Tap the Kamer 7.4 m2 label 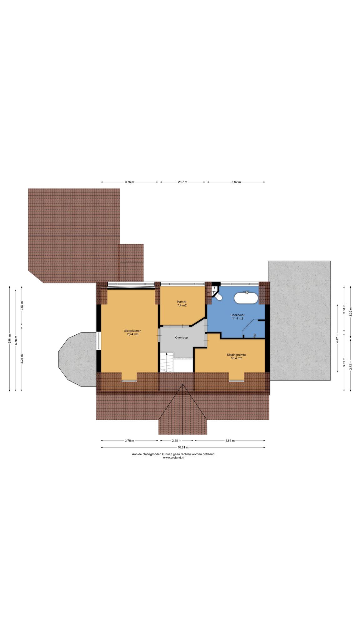click(x=182, y=303)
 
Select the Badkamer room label click(x=237, y=317)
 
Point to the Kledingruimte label click(x=236, y=357)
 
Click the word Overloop click(x=182, y=337)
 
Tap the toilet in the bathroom click(x=219, y=296)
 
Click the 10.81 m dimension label click(x=183, y=447)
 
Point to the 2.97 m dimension click(x=182, y=182)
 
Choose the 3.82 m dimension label click(x=236, y=182)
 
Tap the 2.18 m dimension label click(x=177, y=441)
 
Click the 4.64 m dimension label click(x=229, y=441)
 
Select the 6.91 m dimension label click(x=10, y=339)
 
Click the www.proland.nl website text click(x=174, y=458)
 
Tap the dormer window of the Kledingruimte click(x=236, y=380)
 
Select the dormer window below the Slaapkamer click(x=129, y=380)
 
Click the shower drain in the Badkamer click(x=255, y=335)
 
